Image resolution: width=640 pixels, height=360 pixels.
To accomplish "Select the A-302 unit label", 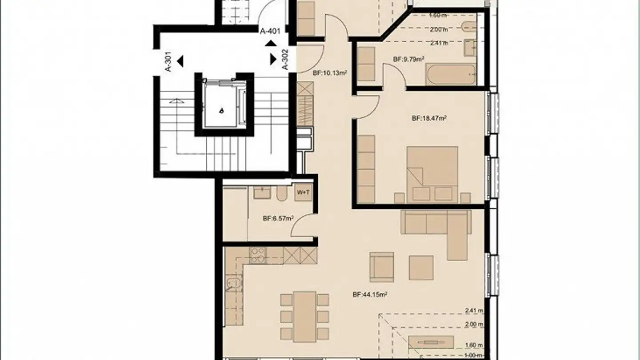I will [286, 59].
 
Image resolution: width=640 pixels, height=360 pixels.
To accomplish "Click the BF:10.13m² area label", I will [329, 73].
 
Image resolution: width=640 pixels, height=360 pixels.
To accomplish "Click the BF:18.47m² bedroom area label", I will [429, 118].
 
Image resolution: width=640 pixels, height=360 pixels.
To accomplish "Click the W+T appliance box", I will [304, 192].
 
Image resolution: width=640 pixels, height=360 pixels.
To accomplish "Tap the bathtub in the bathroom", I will [450, 75].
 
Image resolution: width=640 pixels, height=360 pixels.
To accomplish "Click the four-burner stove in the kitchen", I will [257, 255].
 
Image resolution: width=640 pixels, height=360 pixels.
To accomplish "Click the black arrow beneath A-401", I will [270, 43].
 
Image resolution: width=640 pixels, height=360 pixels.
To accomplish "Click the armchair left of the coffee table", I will [381, 267].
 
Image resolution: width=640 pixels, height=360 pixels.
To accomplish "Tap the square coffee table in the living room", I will [421, 268].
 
